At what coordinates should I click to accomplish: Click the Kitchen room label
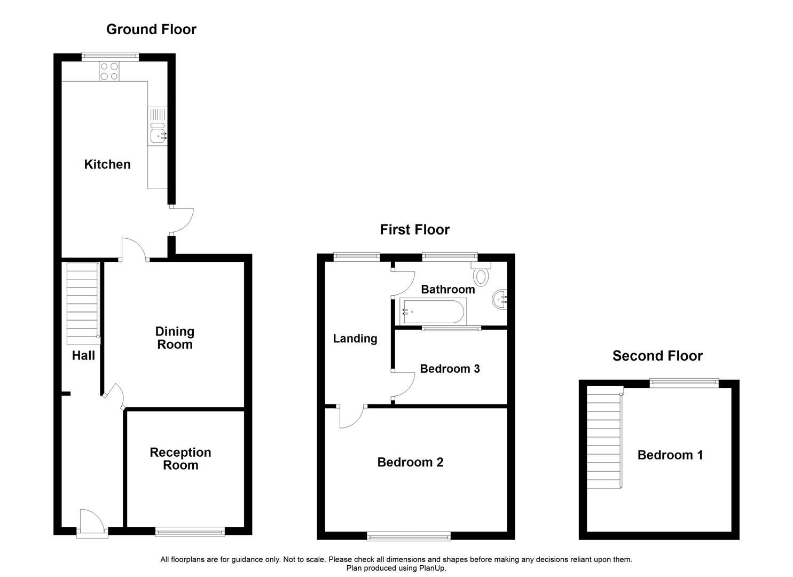tap(107, 164)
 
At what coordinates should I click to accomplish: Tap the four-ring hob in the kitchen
tap(109, 71)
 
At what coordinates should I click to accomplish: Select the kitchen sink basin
tap(158, 135)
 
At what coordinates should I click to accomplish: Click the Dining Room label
tap(175, 338)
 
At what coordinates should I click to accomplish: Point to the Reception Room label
tap(180, 458)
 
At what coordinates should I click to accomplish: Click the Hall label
tap(83, 355)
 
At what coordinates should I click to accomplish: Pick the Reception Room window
tap(190, 531)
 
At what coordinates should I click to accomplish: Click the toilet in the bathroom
tap(481, 275)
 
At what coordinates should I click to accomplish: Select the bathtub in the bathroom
tap(433, 311)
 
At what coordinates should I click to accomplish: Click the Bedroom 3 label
tap(450, 369)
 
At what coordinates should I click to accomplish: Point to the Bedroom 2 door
tap(351, 417)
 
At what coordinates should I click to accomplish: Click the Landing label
tap(355, 338)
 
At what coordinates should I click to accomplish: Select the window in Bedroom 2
tap(409, 536)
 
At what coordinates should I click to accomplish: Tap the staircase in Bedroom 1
tap(606, 438)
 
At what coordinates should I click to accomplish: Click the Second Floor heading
tap(657, 356)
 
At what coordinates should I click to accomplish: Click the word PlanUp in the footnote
tap(433, 568)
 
